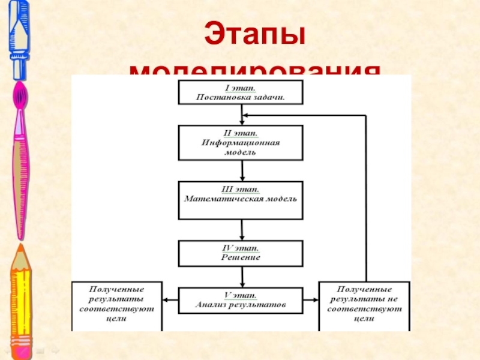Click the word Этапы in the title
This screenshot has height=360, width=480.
[x=255, y=34]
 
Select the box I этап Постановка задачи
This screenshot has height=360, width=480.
[x=241, y=92]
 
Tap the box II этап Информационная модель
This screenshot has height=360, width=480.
[x=241, y=142]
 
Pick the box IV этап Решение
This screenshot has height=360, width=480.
[x=241, y=253]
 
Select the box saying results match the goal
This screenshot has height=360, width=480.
[x=117, y=305]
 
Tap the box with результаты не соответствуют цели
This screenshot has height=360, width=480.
[x=364, y=305]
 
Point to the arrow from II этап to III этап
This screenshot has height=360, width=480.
[x=242, y=171]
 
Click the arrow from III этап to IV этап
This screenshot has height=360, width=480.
[x=242, y=230]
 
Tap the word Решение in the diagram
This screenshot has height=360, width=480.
[x=241, y=257]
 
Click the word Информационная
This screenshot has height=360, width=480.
[x=241, y=143]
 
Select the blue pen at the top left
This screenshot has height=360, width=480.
[x=19, y=39]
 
